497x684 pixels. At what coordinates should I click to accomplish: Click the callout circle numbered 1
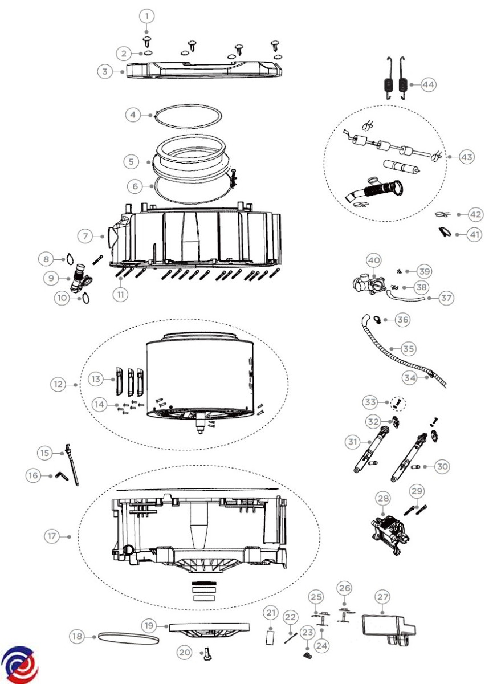click(x=147, y=16)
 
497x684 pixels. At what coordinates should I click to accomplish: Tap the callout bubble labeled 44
click(x=428, y=84)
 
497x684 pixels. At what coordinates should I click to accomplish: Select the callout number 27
click(x=382, y=597)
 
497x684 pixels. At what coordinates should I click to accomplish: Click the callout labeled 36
click(x=402, y=320)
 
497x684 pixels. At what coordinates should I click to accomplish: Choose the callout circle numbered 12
click(x=58, y=384)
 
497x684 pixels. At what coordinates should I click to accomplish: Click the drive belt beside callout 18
click(x=128, y=638)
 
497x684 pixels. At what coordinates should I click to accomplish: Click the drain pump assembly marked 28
click(x=389, y=535)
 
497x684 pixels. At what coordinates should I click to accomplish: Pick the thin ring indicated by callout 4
click(x=188, y=117)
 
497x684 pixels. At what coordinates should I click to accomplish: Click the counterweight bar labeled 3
click(x=204, y=70)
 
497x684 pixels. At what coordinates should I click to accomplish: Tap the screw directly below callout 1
click(x=148, y=42)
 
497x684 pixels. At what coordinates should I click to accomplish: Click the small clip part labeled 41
click(x=445, y=231)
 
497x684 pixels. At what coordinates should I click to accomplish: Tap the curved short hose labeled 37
click(x=405, y=297)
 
